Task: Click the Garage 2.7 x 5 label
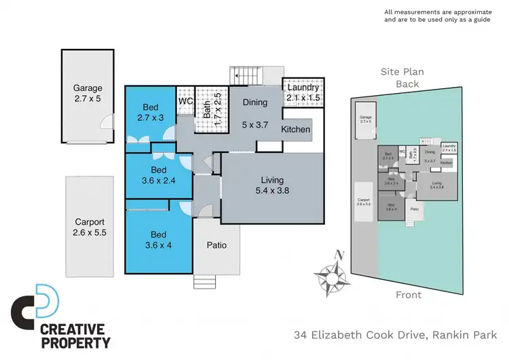[88, 93]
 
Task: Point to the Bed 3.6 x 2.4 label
[159, 175]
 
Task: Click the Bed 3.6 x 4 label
[159, 240]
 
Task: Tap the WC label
[186, 102]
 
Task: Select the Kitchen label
[296, 129]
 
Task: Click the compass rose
[332, 277]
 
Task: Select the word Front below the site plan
[408, 295]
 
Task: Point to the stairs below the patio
[204, 281]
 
